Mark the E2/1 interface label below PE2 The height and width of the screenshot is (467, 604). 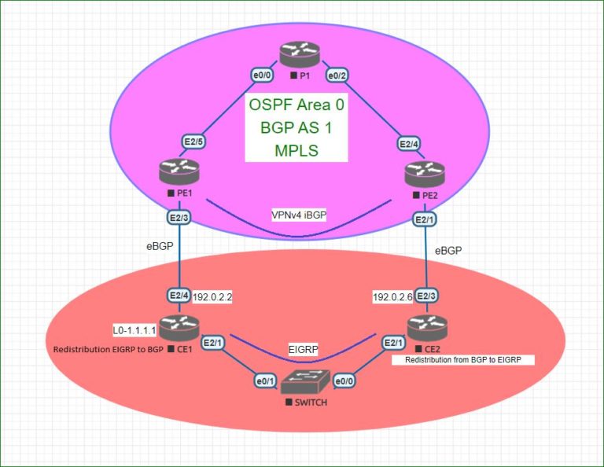click(425, 219)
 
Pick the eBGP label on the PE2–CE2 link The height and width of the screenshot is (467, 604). click(449, 250)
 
